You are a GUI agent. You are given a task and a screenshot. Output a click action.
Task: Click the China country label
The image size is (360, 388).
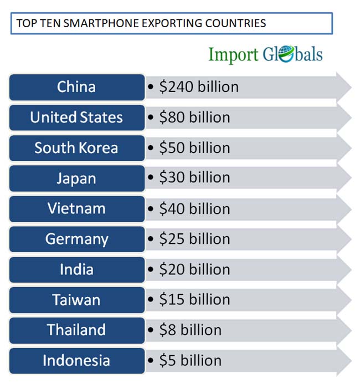[x=76, y=87]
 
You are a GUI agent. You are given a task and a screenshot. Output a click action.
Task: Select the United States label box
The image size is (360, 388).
[x=76, y=118]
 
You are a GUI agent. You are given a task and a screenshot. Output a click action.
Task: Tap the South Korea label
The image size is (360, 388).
[x=76, y=148]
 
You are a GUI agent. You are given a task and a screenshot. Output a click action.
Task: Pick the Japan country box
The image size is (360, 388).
[x=76, y=178]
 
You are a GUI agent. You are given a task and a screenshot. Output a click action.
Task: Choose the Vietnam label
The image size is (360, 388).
[x=76, y=209]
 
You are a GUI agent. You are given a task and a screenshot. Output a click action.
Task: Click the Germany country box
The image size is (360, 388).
[x=76, y=239]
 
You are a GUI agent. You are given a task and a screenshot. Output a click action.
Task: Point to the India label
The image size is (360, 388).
[x=76, y=270]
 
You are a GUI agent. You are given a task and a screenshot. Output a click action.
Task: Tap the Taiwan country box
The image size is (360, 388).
[x=76, y=300]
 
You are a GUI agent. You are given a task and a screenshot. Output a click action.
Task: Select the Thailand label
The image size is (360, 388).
[x=76, y=330]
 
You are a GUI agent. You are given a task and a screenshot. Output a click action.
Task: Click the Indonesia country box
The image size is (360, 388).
[x=76, y=361]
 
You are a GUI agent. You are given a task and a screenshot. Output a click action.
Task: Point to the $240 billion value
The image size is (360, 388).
[x=198, y=87]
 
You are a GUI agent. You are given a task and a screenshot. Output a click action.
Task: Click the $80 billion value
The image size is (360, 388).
[x=194, y=118]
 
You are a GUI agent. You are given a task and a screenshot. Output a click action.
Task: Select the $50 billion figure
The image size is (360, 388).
[x=194, y=148]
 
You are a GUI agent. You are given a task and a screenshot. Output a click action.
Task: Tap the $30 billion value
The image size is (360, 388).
[x=194, y=178]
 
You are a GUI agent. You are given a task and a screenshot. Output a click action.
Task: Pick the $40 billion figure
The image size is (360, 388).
[x=194, y=209]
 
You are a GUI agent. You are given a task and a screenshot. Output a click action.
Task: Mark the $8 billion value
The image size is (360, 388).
[x=190, y=330]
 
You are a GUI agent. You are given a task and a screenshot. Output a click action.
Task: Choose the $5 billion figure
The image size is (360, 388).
[x=190, y=361]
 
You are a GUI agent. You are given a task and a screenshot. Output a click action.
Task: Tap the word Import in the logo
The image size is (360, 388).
[x=233, y=55]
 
